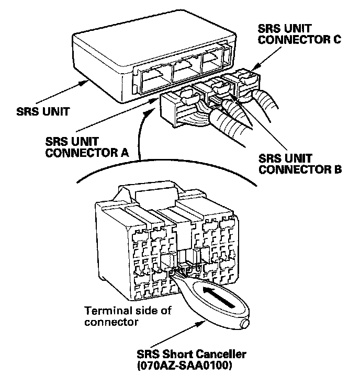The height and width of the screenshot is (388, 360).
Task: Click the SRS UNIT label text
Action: (x=43, y=111)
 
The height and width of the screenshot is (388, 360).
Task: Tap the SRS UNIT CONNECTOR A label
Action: (x=87, y=147)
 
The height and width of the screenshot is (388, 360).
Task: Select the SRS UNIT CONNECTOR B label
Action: (x=300, y=164)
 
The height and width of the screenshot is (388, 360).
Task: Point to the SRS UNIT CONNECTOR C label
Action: (x=299, y=34)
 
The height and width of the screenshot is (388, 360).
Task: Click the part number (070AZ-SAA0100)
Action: (x=185, y=365)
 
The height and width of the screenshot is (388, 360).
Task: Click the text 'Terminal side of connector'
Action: (x=128, y=316)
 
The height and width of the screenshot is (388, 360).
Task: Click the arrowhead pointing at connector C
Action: (x=257, y=66)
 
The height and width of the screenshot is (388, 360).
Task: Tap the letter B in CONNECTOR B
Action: (x=337, y=169)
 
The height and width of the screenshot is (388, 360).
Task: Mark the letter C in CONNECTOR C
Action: (x=336, y=40)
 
